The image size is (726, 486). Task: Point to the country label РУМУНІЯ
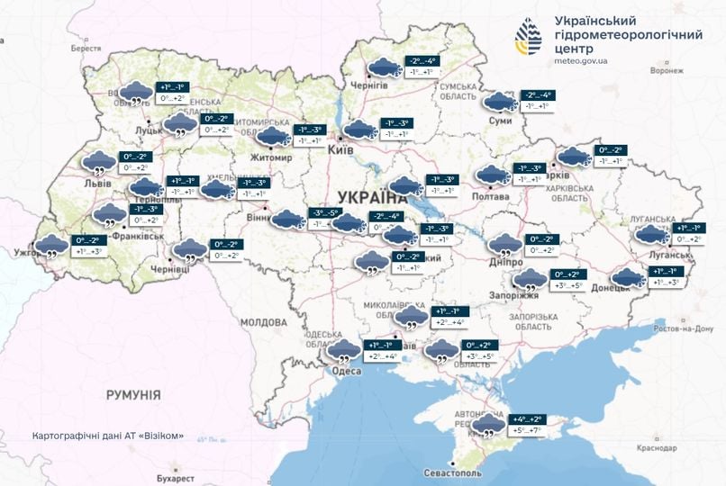(132, 395)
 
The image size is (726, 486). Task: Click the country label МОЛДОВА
(264, 322)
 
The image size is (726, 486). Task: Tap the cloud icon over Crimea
(489, 426)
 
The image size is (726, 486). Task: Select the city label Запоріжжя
(518, 294)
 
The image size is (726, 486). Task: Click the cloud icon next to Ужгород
(51, 245)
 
